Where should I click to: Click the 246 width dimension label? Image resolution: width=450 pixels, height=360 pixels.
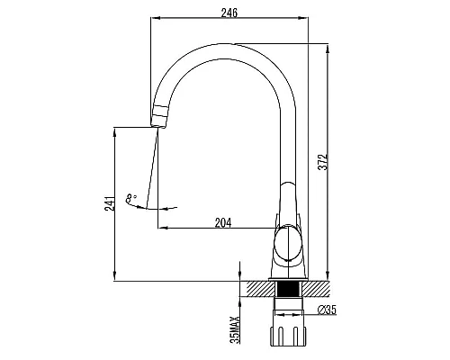[x=229, y=13]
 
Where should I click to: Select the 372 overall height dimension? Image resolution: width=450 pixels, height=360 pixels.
[x=323, y=162]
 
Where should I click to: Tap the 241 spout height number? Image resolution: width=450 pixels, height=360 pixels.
[x=110, y=203]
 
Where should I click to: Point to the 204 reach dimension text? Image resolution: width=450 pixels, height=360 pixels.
[x=223, y=222]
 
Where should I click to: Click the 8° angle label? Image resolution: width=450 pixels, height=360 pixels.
[x=131, y=198]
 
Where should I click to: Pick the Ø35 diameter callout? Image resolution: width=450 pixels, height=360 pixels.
[x=327, y=310]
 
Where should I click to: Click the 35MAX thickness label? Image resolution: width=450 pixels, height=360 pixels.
[x=235, y=329]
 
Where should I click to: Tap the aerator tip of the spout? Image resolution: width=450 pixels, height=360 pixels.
[x=158, y=117]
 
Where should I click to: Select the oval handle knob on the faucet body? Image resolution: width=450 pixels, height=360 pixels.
[x=288, y=244]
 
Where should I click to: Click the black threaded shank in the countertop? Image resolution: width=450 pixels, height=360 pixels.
[x=288, y=289]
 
